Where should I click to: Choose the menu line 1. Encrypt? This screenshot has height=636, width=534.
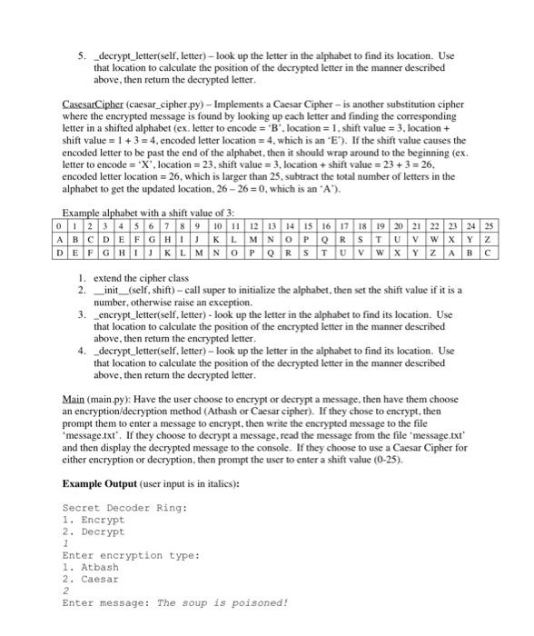click(x=94, y=520)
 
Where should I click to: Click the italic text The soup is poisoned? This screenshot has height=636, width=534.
click(x=222, y=602)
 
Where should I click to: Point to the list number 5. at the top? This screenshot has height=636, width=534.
click(x=80, y=55)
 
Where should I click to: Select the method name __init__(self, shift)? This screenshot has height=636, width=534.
click(x=136, y=289)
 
